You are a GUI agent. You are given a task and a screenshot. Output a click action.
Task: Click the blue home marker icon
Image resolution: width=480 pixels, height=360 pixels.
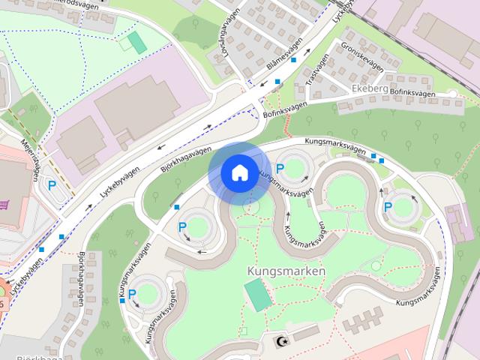pos(238,173)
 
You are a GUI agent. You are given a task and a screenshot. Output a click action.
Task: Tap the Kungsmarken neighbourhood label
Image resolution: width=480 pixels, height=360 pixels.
pos(285,270)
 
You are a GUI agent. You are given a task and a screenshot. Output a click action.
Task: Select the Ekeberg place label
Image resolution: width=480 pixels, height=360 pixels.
pos(369,89)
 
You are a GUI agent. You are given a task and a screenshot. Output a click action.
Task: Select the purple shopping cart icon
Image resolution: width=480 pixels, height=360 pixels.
pos(7,204)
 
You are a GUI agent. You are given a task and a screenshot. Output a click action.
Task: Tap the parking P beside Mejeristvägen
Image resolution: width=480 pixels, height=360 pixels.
pos(52,184)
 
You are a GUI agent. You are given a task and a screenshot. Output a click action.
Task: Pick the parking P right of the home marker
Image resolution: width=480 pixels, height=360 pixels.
pos(280,169)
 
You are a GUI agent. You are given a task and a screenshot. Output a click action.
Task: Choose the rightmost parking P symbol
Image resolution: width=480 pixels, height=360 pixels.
pos(388,206)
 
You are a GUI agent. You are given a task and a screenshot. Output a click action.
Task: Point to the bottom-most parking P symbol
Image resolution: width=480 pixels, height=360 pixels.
pos(132,294)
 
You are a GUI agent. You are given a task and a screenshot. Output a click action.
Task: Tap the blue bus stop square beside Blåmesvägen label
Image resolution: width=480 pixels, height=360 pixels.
pos(294,59)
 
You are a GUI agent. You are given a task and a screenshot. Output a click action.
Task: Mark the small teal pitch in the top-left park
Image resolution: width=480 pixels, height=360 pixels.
pos(136,42)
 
